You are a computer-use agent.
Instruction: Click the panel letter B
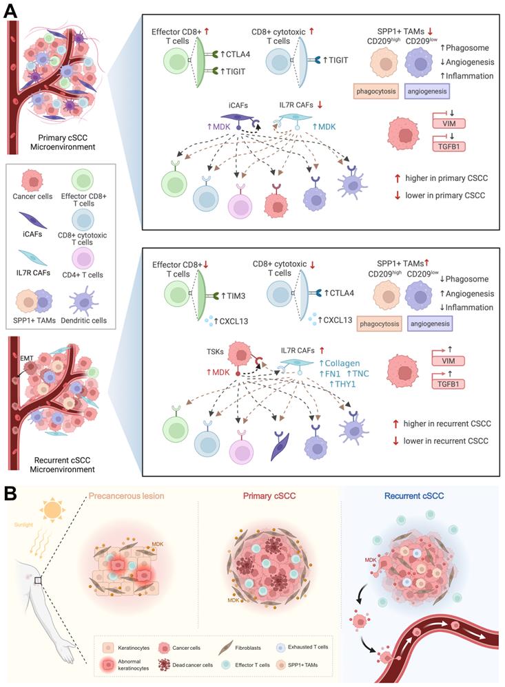(12, 494)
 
